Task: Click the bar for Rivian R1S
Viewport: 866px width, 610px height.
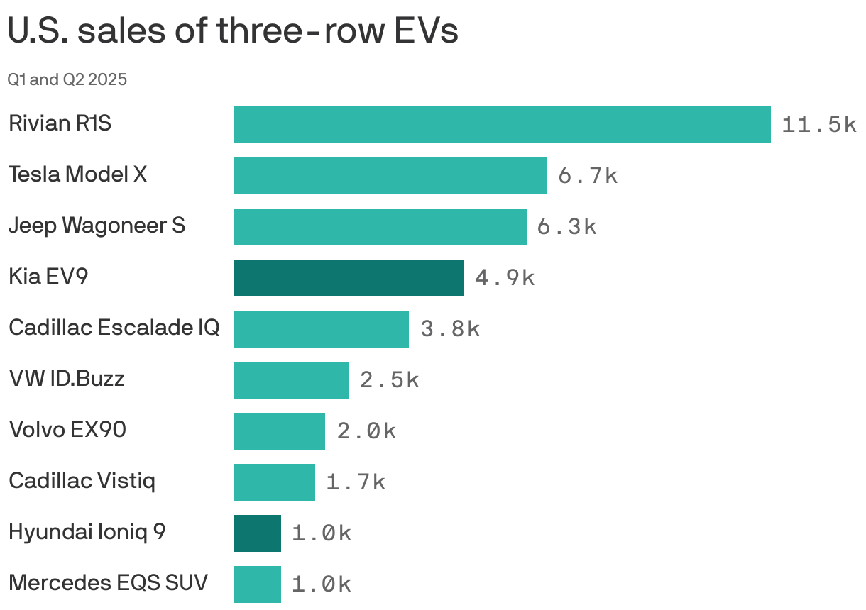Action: click(502, 125)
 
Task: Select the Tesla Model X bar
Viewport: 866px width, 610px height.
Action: click(390, 176)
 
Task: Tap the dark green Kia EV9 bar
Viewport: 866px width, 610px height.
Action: click(349, 278)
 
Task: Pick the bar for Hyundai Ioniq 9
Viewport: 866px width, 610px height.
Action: click(257, 533)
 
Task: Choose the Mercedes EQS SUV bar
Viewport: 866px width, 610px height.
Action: click(257, 584)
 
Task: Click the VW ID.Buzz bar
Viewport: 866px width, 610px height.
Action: click(291, 380)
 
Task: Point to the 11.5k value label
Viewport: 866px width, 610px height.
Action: click(818, 125)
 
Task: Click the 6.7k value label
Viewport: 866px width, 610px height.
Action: click(587, 176)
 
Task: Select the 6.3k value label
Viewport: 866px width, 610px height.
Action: click(566, 227)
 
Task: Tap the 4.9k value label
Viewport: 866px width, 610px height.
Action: click(504, 278)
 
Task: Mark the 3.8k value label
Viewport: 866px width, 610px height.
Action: click(449, 329)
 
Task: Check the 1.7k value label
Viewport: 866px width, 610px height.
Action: click(355, 482)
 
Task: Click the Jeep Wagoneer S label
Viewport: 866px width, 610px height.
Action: click(97, 226)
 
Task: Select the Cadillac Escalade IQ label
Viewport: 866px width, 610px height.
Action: click(114, 328)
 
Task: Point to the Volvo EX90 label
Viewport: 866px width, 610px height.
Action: click(67, 430)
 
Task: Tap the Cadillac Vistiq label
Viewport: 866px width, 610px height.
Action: click(82, 481)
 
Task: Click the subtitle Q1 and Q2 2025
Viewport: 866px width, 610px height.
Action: click(67, 79)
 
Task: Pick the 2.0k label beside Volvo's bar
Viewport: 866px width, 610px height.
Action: click(366, 431)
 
